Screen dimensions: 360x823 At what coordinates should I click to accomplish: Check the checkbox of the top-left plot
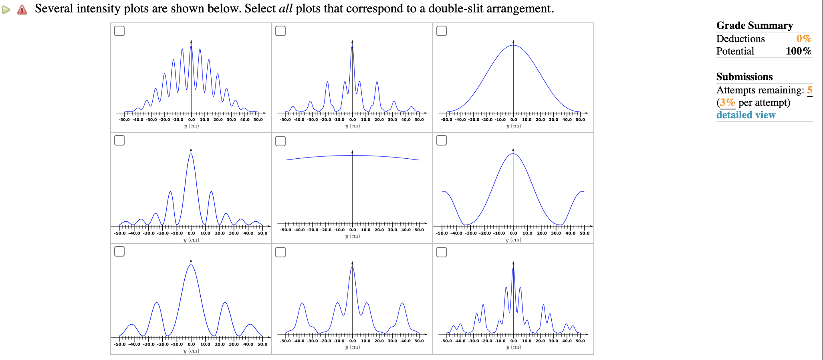(x=119, y=31)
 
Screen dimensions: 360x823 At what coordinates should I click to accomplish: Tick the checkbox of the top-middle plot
(x=280, y=31)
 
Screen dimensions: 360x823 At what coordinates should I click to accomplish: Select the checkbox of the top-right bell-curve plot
(x=442, y=31)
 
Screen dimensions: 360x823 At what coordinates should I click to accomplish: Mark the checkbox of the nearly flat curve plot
(x=280, y=141)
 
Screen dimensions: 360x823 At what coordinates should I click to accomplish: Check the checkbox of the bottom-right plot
(x=442, y=252)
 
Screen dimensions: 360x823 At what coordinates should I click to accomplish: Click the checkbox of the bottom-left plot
(x=119, y=251)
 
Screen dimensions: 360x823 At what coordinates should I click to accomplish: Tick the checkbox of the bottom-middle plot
(x=280, y=252)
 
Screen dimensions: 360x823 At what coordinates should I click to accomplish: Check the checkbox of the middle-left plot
(x=119, y=140)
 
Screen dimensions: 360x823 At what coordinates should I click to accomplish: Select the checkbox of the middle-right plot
(x=442, y=140)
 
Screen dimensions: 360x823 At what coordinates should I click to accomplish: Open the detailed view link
(x=746, y=115)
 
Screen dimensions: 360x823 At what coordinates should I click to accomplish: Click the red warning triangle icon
(x=22, y=10)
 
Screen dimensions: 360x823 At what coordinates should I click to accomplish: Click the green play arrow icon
(x=6, y=10)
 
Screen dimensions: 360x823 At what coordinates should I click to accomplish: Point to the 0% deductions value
(x=803, y=39)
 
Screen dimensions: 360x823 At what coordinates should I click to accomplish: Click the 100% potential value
(x=798, y=51)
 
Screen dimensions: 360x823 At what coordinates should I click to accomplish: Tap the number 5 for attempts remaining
(x=809, y=90)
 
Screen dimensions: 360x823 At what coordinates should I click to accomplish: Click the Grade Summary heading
(x=754, y=26)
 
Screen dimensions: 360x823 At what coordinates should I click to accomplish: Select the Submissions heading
(x=744, y=77)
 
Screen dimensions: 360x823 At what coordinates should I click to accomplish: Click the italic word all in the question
(x=285, y=9)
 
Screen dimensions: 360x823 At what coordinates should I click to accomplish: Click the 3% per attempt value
(x=727, y=103)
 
